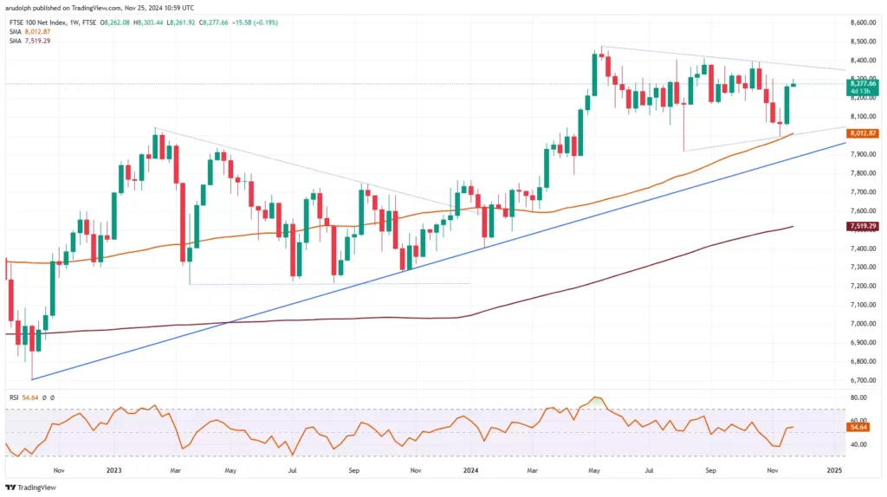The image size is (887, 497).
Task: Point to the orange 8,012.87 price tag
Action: click(x=864, y=133)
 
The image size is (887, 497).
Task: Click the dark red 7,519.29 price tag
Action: click(x=864, y=226)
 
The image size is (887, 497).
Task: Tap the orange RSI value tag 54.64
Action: click(x=859, y=428)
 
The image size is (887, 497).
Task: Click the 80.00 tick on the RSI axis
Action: click(x=859, y=397)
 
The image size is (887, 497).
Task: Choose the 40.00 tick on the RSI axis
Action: click(x=859, y=444)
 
